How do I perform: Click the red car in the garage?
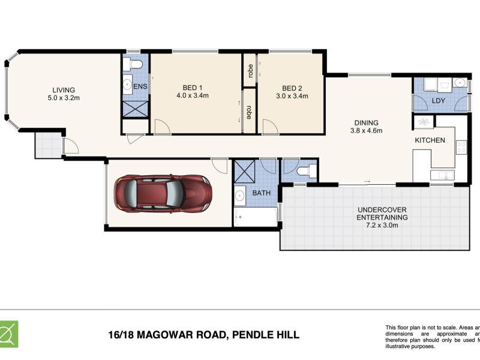pyautogui.click(x=163, y=193)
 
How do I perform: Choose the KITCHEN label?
pyautogui.click(x=430, y=140)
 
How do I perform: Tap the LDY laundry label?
pyautogui.click(x=438, y=101)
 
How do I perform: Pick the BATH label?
pyautogui.click(x=261, y=193)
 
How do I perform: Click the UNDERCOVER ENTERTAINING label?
pyautogui.click(x=382, y=213)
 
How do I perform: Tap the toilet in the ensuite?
pyautogui.click(x=135, y=64)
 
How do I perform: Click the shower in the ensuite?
pyautogui.click(x=131, y=109)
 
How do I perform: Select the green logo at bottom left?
pyautogui.click(x=8, y=334)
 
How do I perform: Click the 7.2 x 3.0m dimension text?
pyautogui.click(x=382, y=225)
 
